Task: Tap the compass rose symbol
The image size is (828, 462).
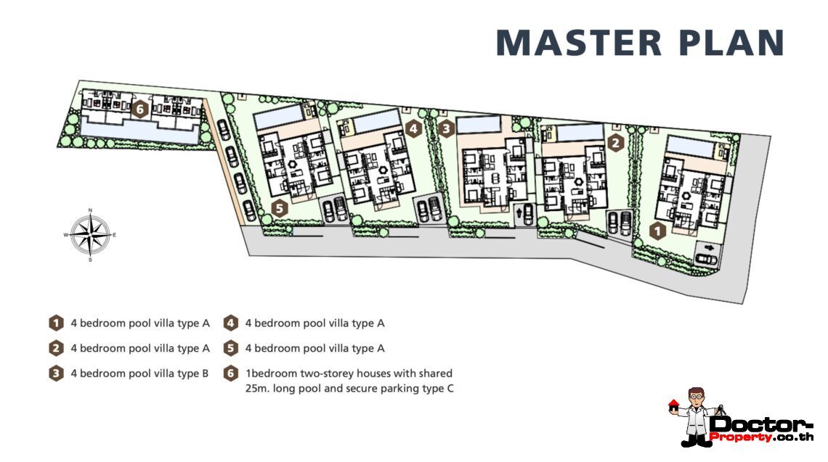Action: tap(90, 235)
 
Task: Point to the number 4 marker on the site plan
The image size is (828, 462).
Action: tap(413, 129)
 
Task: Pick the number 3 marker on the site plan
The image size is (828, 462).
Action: tap(446, 129)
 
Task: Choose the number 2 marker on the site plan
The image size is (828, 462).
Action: tap(616, 142)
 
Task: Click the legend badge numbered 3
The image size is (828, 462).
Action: tap(56, 374)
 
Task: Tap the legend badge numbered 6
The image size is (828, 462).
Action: tap(230, 374)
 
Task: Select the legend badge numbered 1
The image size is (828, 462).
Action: tap(56, 323)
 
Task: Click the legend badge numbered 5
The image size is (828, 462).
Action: tap(230, 348)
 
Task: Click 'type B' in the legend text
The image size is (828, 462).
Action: tap(192, 374)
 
